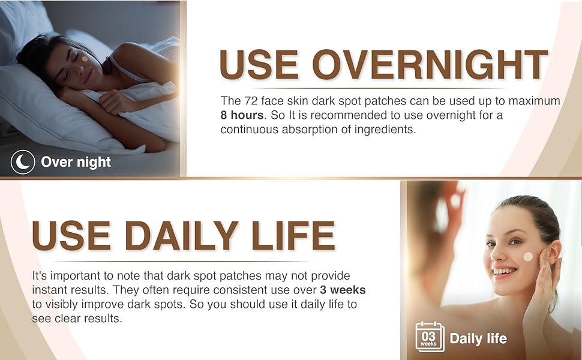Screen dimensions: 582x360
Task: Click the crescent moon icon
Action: (x=23, y=162)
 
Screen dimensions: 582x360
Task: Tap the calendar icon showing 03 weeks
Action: (x=430, y=337)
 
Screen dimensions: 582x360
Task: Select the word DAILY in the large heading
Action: (x=181, y=236)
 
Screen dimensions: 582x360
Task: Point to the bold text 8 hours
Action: (x=242, y=115)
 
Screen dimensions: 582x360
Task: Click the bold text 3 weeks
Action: (x=343, y=290)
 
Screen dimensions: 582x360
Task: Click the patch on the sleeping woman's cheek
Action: (x=85, y=59)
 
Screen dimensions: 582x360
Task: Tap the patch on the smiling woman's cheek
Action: (x=528, y=256)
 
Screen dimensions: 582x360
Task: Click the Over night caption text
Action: (x=76, y=162)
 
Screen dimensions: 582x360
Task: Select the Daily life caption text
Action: (x=478, y=338)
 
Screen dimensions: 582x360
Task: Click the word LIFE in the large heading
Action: (x=293, y=236)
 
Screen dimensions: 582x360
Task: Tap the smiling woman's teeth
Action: (x=505, y=272)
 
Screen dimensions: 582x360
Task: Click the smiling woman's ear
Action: (x=552, y=253)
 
